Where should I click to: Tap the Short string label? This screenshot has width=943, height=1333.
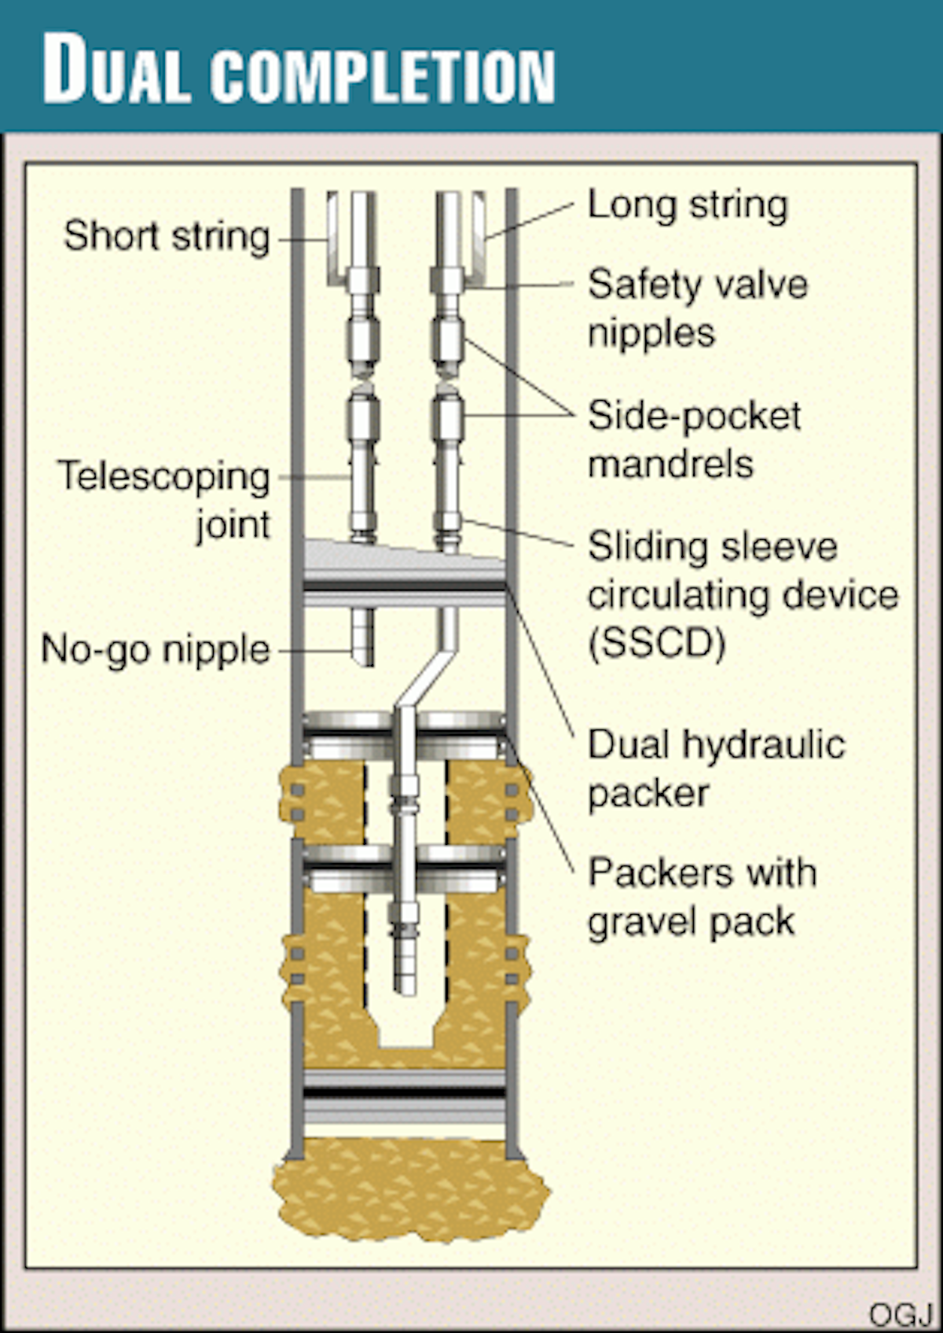pyautogui.click(x=167, y=236)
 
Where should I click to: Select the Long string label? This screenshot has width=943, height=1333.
pyautogui.click(x=688, y=206)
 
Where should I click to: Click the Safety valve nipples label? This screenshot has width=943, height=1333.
pyautogui.click(x=697, y=308)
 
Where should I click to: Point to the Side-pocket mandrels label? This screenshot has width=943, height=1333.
pyautogui.click(x=694, y=439)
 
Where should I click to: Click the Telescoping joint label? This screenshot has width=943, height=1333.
pyautogui.click(x=165, y=499)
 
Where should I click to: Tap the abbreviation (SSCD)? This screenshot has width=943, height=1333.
pyautogui.click(x=657, y=644)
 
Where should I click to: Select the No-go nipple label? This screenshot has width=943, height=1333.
pyautogui.click(x=156, y=650)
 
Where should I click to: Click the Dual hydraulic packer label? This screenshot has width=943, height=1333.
pyautogui.click(x=716, y=768)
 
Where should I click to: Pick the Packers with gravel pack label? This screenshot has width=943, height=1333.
pyautogui.click(x=702, y=896)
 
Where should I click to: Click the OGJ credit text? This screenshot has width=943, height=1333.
pyautogui.click(x=900, y=1313)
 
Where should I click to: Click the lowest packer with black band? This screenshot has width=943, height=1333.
pyautogui.click(x=404, y=1093)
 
